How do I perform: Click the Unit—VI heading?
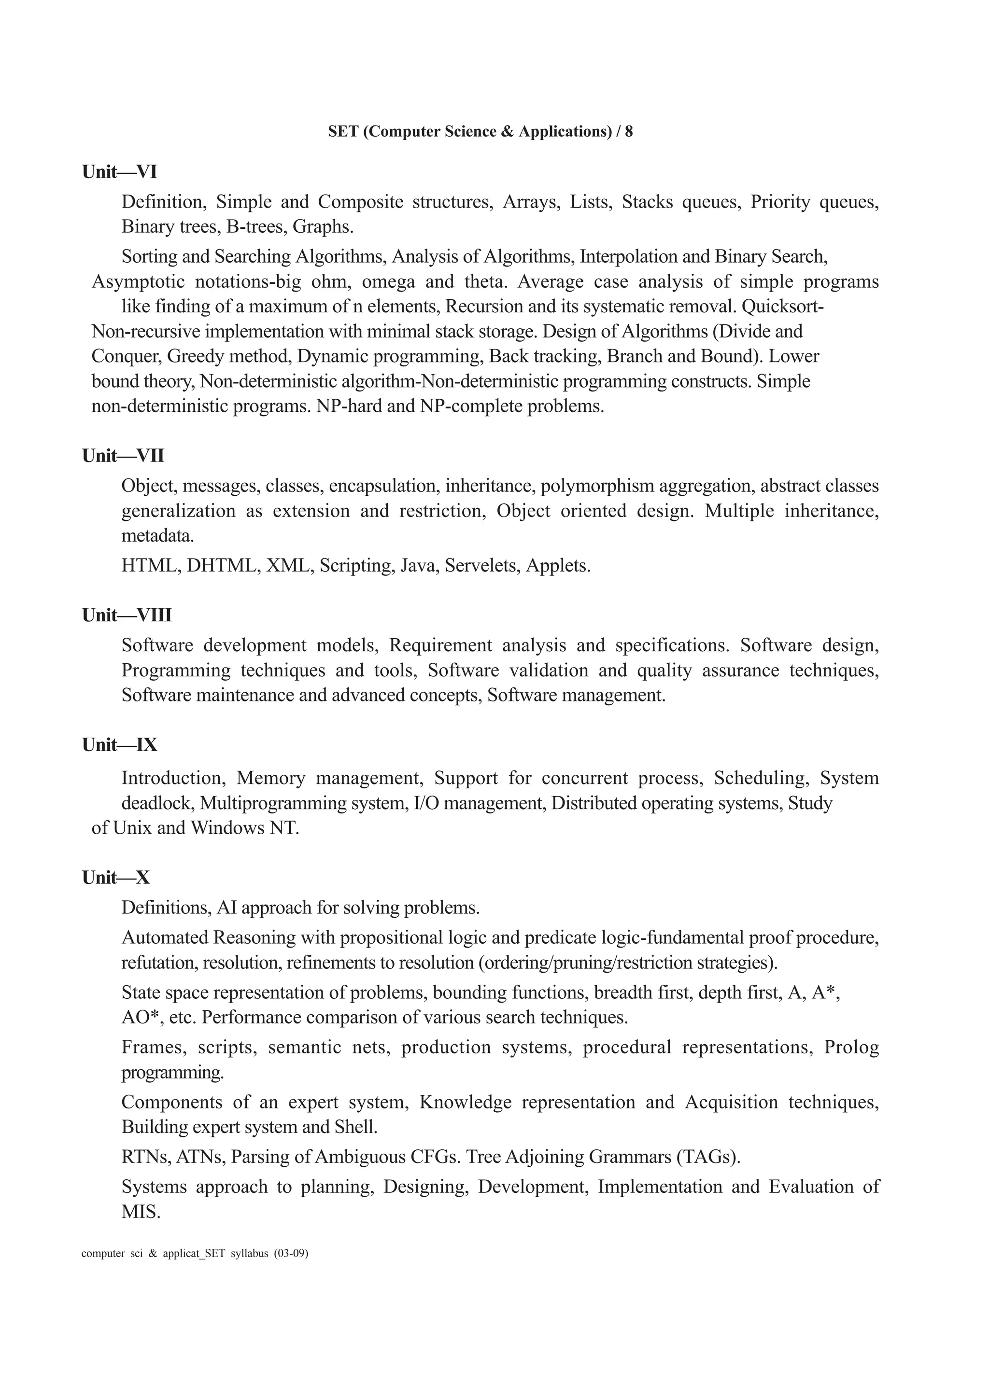[119, 172]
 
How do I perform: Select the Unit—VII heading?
[123, 456]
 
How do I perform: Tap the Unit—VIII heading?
[127, 616]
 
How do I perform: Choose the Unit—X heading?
[116, 878]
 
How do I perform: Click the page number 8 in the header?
[628, 132]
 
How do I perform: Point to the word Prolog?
[851, 1047]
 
